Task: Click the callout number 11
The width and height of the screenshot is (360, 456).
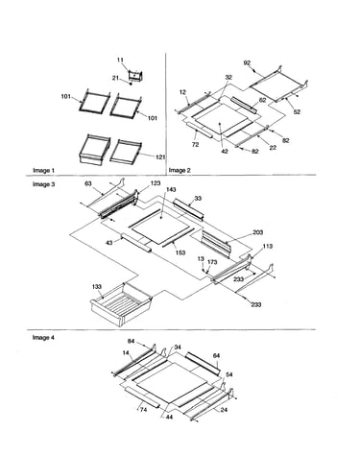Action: pos(120,60)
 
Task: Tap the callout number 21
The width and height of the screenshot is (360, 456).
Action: pos(115,78)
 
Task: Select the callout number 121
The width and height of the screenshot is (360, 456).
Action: pos(160,156)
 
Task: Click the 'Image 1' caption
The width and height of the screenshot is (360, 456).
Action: pos(43,171)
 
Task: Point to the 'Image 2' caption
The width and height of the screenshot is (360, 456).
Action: pos(180,171)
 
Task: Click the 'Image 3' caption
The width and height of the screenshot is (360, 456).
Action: pos(43,184)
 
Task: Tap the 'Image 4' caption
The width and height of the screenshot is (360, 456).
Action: pos(43,338)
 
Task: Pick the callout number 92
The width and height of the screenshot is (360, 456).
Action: pos(247,63)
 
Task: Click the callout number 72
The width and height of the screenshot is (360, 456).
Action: pos(195,145)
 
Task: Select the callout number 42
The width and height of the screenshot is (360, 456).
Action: pos(225,152)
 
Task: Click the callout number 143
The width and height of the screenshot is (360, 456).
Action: pos(171,190)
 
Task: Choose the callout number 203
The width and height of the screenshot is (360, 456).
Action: pos(257,232)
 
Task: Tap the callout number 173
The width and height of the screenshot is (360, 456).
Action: pos(212,262)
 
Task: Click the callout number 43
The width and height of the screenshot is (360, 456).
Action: pos(109,243)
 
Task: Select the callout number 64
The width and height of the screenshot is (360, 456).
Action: pos(216,355)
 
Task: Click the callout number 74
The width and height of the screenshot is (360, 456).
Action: pos(143,409)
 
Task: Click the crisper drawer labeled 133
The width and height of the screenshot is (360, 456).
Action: pos(120,304)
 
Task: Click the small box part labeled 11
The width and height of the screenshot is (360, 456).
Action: pos(135,76)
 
